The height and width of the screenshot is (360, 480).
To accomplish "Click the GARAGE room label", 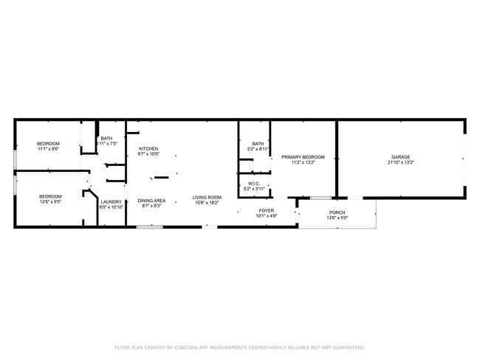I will click(400, 156).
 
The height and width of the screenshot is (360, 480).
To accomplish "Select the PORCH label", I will click(337, 212).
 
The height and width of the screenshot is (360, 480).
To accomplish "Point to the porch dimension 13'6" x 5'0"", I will click(337, 218).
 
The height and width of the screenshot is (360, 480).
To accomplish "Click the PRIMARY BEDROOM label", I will click(303, 156).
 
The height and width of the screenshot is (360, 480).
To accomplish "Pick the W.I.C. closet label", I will click(254, 184).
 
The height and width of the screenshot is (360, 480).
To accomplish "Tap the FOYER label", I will click(266, 211).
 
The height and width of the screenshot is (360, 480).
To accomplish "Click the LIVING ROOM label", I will click(208, 197).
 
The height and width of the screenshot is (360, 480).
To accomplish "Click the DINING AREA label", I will click(151, 200).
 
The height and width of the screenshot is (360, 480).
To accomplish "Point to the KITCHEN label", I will click(148, 149).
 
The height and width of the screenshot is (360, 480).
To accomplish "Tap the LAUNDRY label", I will click(111, 201).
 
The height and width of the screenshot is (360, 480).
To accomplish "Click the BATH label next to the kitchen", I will click(107, 139).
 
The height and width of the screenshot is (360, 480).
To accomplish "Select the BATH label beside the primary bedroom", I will click(258, 144).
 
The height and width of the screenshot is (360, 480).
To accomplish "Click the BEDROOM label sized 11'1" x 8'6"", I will click(48, 144).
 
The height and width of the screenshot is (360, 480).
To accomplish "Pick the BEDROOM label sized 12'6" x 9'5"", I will click(50, 195).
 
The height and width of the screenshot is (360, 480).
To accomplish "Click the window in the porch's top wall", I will click(320, 198).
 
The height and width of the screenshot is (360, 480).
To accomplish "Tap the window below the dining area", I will click(149, 226).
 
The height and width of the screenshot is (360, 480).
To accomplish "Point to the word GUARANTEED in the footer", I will click(345, 347).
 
